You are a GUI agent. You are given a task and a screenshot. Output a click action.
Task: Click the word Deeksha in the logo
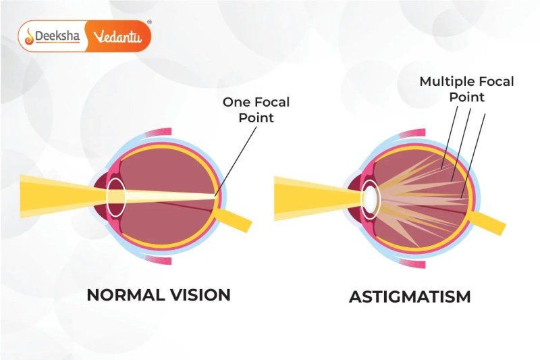click(x=57, y=36)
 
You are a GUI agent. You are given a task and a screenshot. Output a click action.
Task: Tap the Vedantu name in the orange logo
click(x=117, y=36)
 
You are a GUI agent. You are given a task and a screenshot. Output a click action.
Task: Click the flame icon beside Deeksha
click(x=29, y=36)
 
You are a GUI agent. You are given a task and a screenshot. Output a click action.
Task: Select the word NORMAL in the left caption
click(x=125, y=295)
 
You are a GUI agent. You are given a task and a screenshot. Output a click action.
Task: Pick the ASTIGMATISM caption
click(x=410, y=297)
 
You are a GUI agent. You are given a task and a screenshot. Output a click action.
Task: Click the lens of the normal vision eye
click(x=116, y=197)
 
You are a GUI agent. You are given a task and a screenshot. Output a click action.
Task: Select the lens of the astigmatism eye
click(x=371, y=200)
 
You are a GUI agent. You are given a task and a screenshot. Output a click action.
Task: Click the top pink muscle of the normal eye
click(x=159, y=132)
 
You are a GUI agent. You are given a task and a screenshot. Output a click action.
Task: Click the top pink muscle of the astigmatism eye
click(x=412, y=133)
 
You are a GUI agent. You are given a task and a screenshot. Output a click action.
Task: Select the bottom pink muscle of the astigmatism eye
click(x=412, y=264)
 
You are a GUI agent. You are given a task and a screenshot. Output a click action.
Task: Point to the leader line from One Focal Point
click(x=236, y=161)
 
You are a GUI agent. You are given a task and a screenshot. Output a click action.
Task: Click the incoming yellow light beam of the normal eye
click(x=63, y=197)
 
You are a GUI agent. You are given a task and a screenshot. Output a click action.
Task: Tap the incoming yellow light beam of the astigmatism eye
click(x=317, y=199)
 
